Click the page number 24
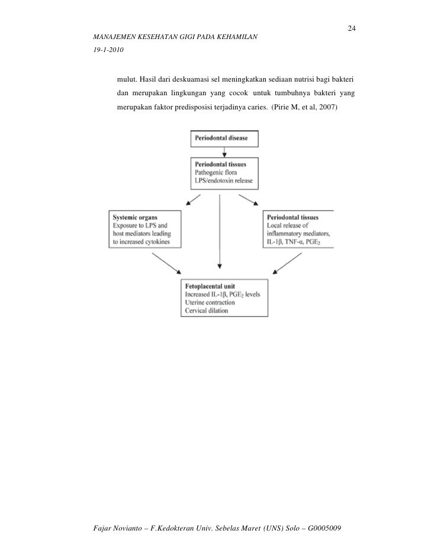[351, 29]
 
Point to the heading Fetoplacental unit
[213, 285]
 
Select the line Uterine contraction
[214, 302]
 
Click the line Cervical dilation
[210, 311]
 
